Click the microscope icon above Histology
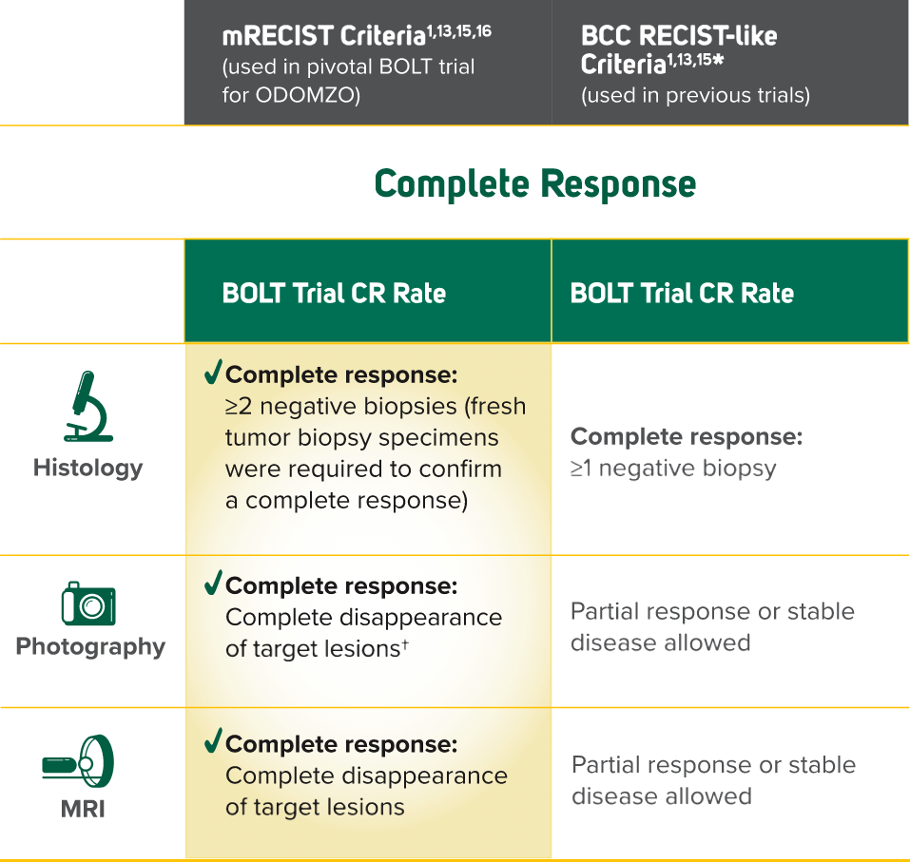point(88,406)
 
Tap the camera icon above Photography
point(88,603)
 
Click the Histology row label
point(88,468)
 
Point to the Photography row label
point(90,647)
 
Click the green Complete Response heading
point(535,183)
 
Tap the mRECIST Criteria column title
point(323,37)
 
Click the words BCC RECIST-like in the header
point(679,37)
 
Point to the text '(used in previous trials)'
point(695,96)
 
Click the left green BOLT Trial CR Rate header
point(334,293)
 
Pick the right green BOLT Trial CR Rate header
point(682,293)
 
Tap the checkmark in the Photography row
point(213,583)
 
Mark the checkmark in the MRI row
point(213,740)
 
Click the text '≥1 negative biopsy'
point(673,469)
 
